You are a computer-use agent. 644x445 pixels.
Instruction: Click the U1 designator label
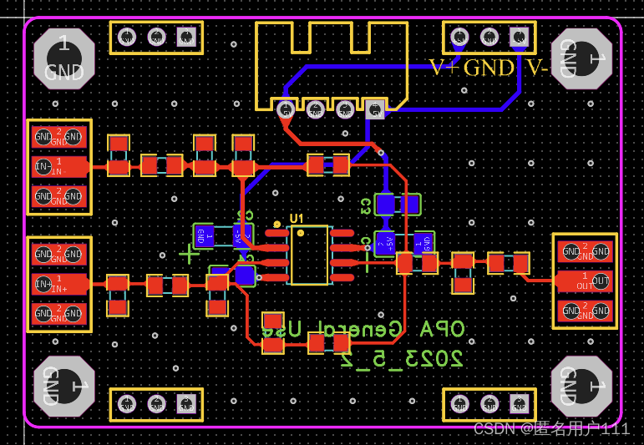[297, 219]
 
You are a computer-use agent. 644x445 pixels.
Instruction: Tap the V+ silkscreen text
[444, 68]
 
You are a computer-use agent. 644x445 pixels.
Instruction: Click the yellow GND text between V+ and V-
[489, 68]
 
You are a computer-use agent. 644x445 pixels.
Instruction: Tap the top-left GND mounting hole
[63, 58]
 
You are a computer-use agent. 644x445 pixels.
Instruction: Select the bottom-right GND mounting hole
[581, 386]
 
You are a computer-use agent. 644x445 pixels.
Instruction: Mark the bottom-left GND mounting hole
[63, 386]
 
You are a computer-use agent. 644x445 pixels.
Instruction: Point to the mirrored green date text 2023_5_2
[401, 359]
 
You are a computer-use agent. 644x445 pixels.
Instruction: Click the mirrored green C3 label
[365, 205]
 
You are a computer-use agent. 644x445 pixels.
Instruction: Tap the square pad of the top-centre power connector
[375, 108]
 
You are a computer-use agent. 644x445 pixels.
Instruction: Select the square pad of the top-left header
[185, 37]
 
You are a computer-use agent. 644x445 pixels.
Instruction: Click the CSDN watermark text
[551, 429]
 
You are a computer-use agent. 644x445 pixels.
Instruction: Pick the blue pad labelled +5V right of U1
[384, 243]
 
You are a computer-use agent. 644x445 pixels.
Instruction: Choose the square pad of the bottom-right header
[519, 404]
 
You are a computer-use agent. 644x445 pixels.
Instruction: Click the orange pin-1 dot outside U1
[277, 224]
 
